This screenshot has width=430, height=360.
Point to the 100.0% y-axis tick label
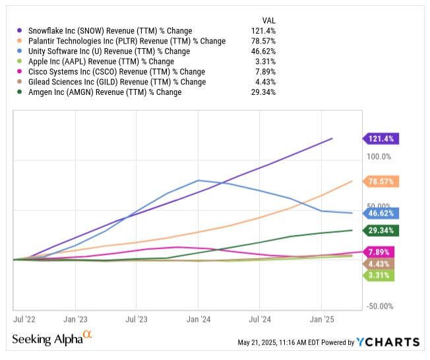click(x=379, y=157)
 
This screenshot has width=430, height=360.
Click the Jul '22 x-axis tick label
click(x=24, y=319)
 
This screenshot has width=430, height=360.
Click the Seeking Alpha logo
click(x=52, y=339)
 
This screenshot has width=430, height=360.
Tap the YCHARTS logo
click(x=388, y=342)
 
